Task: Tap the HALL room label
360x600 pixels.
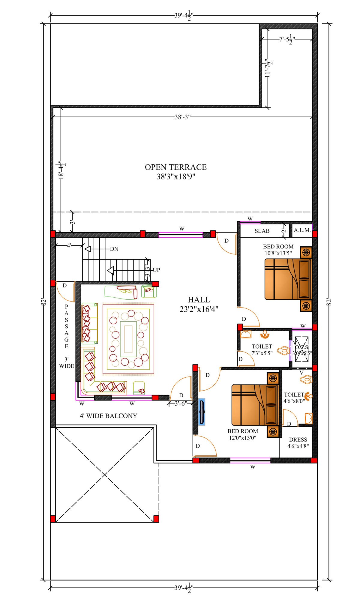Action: tap(199, 300)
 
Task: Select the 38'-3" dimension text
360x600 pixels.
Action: tap(183, 117)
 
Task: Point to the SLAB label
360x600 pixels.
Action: tap(262, 231)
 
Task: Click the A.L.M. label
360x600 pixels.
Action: tap(302, 230)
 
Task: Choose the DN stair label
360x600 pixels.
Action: tap(114, 249)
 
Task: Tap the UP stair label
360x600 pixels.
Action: tap(156, 270)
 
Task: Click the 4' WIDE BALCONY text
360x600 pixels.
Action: tap(108, 416)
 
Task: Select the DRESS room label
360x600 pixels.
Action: tap(298, 439)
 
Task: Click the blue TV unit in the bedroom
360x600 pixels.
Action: tap(202, 412)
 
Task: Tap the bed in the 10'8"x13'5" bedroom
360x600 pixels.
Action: tap(288, 279)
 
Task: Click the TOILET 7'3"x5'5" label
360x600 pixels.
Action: tap(262, 350)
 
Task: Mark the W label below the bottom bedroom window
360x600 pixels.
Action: tap(253, 467)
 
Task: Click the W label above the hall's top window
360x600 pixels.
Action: tap(182, 229)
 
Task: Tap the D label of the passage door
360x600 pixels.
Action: tap(64, 286)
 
